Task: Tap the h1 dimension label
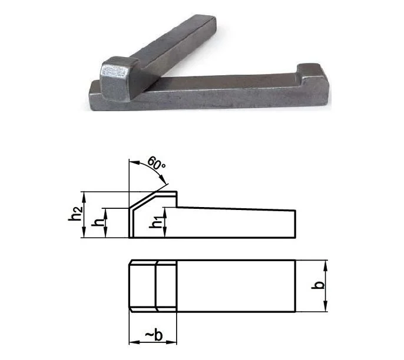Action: (x=157, y=222)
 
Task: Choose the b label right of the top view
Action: (x=317, y=285)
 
